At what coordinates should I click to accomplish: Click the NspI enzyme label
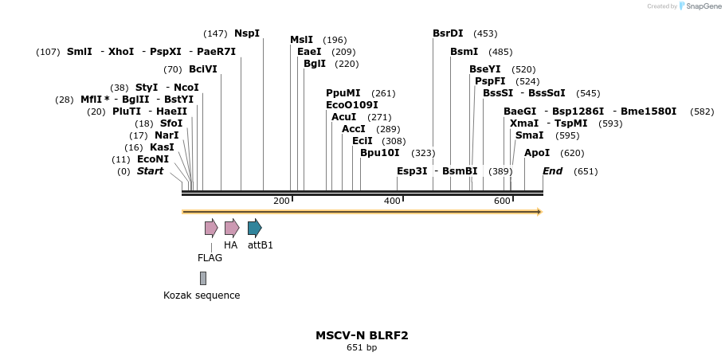click(x=247, y=33)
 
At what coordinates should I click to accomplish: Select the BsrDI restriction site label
click(x=448, y=33)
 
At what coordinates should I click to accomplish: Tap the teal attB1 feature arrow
click(x=255, y=228)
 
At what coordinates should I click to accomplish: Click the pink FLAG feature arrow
click(x=211, y=228)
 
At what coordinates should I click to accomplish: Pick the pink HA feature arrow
click(x=232, y=228)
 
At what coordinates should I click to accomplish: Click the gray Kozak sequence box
click(x=203, y=278)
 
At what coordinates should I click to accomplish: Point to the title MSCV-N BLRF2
click(x=362, y=335)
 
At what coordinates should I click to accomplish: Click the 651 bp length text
click(x=362, y=348)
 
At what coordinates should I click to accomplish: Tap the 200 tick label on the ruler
click(x=281, y=201)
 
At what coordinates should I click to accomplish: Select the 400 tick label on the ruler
click(x=392, y=201)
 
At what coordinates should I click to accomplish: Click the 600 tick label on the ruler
click(x=502, y=201)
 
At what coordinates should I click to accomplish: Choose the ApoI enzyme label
click(x=537, y=153)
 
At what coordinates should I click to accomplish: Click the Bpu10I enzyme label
click(x=380, y=153)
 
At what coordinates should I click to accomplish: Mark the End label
click(x=553, y=171)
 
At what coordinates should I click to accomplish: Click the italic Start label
click(x=150, y=171)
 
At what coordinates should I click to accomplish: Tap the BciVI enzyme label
click(x=203, y=69)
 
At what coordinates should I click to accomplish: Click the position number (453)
click(x=485, y=33)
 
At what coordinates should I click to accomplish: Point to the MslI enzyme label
click(x=301, y=40)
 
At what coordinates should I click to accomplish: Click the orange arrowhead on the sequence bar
click(x=539, y=212)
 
